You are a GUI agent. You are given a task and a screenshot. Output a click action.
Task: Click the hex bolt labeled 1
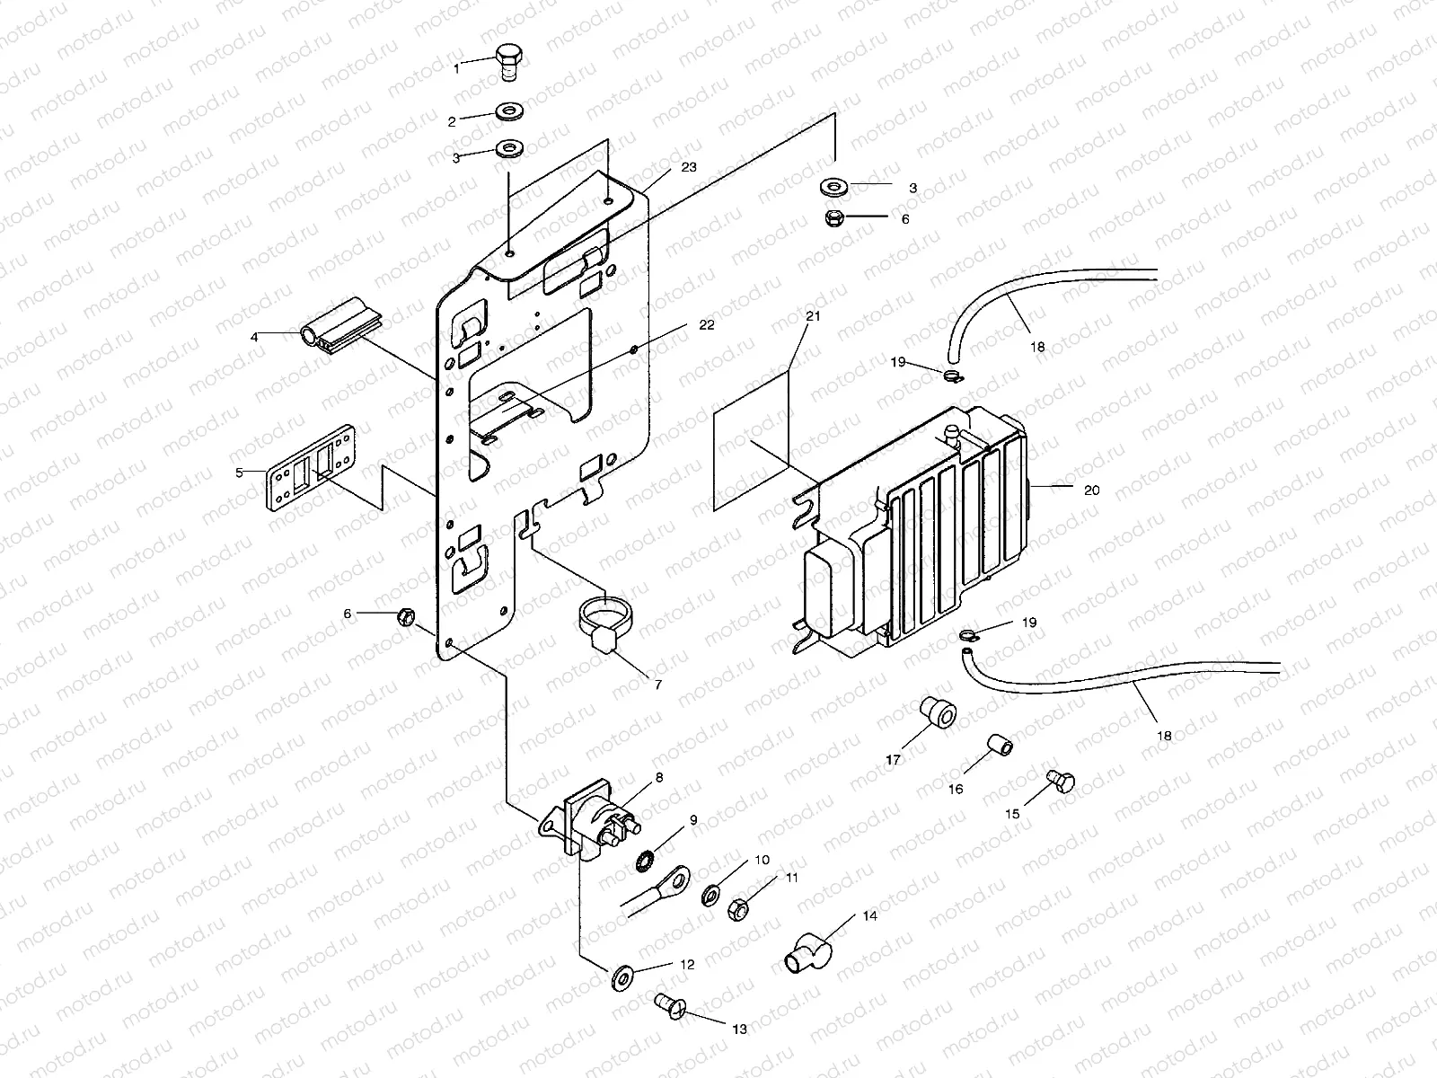pyautogui.click(x=508, y=60)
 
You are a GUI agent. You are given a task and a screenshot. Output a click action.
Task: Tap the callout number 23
pyautogui.click(x=689, y=167)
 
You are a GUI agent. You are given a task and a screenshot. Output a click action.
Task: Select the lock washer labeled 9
pyautogui.click(x=644, y=862)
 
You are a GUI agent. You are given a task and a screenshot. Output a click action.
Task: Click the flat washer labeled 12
pyautogui.click(x=620, y=976)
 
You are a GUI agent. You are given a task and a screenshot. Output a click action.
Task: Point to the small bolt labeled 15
pyautogui.click(x=1060, y=782)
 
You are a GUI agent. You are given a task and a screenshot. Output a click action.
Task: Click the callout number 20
pyautogui.click(x=1092, y=490)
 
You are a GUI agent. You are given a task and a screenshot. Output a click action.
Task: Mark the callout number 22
pyautogui.click(x=707, y=325)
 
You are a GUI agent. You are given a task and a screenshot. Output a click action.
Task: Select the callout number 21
pyautogui.click(x=813, y=317)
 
